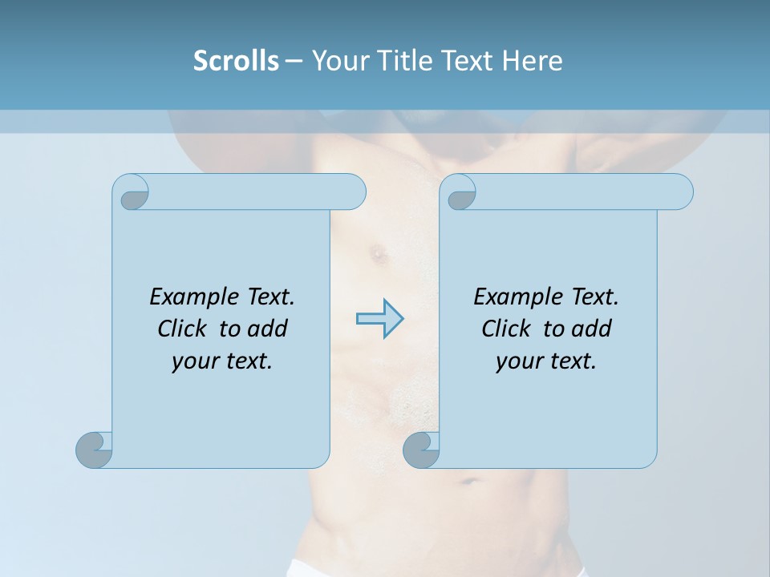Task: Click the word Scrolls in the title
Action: coord(237,61)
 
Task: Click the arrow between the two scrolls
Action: coord(379,319)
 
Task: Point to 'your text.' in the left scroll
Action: coord(221,361)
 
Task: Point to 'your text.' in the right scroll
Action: coord(545,361)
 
